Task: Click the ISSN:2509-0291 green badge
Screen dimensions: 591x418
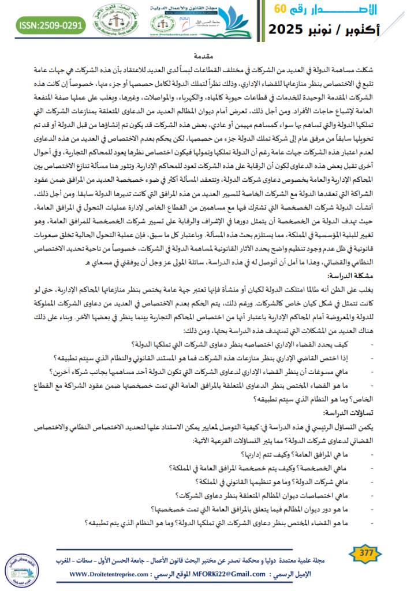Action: coord(51,25)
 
